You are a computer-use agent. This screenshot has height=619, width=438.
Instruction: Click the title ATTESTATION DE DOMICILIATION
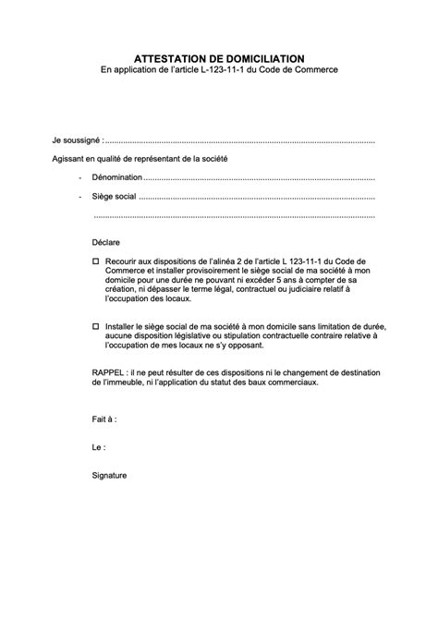click(x=219, y=57)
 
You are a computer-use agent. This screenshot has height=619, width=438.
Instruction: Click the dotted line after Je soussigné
click(x=240, y=141)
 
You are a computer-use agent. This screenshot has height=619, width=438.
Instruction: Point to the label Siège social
click(x=114, y=197)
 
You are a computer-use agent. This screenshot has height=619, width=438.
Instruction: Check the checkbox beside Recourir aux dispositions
click(x=96, y=262)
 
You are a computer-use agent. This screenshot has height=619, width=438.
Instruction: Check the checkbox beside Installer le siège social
click(x=96, y=326)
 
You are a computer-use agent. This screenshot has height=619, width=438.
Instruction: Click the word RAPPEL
click(x=109, y=372)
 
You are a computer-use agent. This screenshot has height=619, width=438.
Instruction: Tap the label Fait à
click(x=103, y=419)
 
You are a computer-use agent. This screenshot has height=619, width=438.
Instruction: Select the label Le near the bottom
click(x=98, y=446)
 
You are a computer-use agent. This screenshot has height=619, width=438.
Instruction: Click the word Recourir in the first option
click(x=125, y=262)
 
